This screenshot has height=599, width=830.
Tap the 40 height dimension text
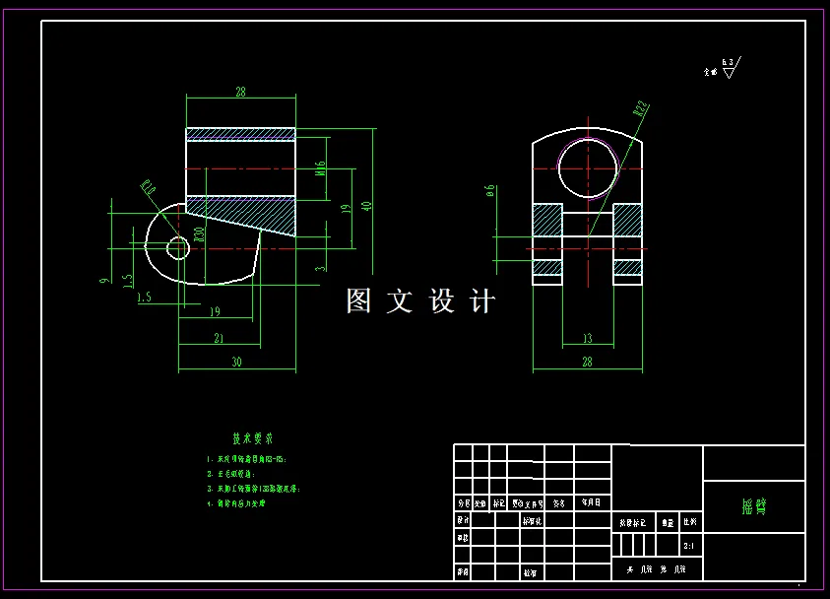click(x=367, y=206)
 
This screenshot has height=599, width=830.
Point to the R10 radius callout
click(x=149, y=187)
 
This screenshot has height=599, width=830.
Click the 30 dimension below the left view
click(x=236, y=362)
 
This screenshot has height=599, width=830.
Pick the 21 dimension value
click(x=219, y=338)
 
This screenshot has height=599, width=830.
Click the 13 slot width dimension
click(x=587, y=339)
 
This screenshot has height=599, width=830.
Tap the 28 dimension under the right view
click(x=587, y=363)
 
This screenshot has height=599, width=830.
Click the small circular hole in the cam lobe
click(x=177, y=247)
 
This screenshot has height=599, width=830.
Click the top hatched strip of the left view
click(x=240, y=134)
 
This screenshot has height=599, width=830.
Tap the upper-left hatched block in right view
click(x=547, y=219)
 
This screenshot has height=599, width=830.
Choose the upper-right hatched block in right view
click(x=627, y=219)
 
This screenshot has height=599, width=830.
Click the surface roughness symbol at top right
click(x=728, y=68)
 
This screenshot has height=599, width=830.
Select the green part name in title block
click(x=753, y=506)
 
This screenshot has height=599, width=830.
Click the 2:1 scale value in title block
click(x=687, y=544)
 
